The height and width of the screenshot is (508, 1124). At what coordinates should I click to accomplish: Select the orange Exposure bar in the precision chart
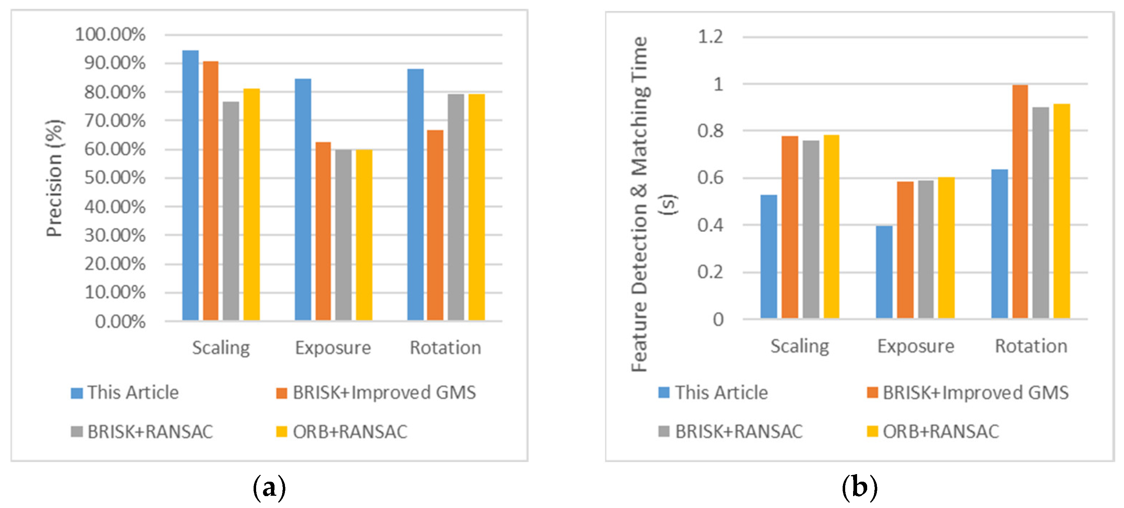(x=323, y=231)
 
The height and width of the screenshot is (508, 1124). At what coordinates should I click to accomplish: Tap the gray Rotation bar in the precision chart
(x=456, y=207)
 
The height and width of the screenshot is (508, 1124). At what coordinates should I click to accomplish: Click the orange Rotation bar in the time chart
(x=1020, y=202)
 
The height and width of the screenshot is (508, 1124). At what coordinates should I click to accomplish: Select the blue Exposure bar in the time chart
(x=884, y=272)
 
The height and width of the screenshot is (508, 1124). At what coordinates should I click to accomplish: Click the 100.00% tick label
(x=110, y=35)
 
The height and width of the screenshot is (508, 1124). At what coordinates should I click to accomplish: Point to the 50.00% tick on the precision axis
(x=115, y=178)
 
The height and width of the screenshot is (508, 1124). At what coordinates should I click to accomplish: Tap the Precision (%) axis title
(x=55, y=178)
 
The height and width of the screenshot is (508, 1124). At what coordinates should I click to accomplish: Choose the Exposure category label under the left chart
(x=333, y=348)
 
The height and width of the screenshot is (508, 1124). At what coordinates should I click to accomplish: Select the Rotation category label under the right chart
(x=1031, y=346)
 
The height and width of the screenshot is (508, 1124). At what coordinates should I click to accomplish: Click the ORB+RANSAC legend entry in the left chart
(x=342, y=432)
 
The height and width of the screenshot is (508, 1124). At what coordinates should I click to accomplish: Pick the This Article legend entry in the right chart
(x=713, y=392)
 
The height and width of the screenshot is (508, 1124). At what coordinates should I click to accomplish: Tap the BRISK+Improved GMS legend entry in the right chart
(x=968, y=392)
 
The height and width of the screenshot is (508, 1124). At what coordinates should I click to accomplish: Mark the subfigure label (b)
(x=859, y=487)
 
